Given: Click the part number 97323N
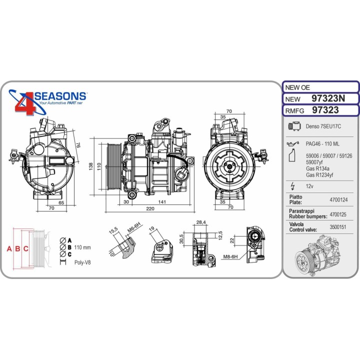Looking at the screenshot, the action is pyautogui.click(x=328, y=98).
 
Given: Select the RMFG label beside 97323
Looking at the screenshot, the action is pyautogui.click(x=294, y=111).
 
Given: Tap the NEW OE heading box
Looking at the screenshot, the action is pyautogui.click(x=320, y=87).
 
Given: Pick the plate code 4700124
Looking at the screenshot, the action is pyautogui.click(x=338, y=199).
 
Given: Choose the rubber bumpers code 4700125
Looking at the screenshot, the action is pyautogui.click(x=338, y=214).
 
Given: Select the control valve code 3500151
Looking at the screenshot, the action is pyautogui.click(x=337, y=227).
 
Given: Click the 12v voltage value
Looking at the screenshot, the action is pyautogui.click(x=309, y=186).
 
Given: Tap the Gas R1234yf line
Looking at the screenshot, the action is pyautogui.click(x=319, y=175).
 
